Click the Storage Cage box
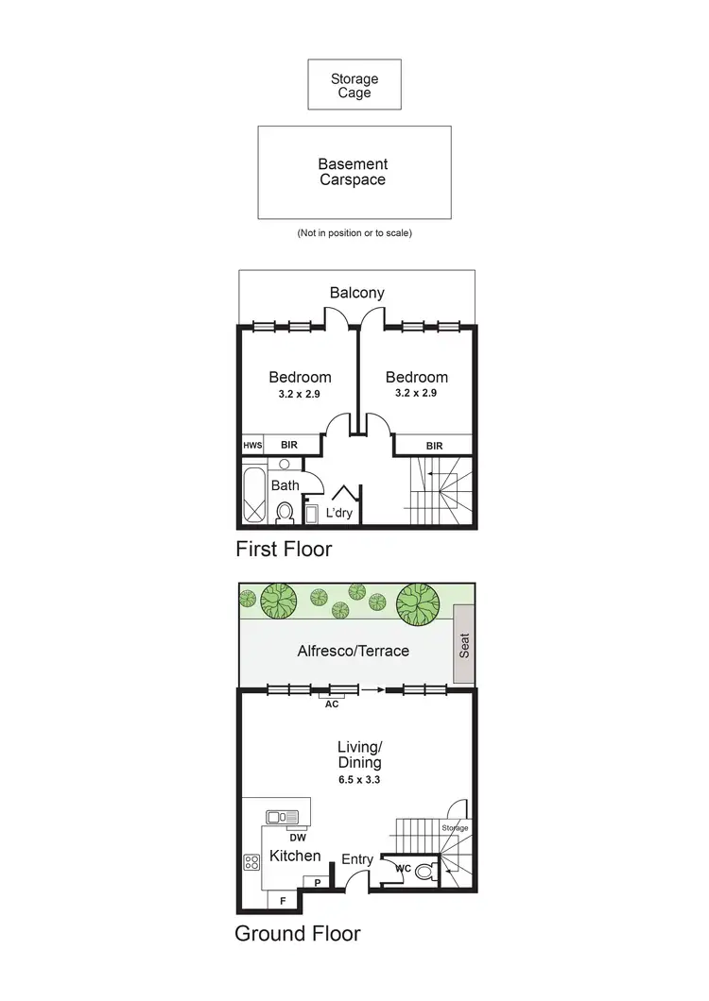(354, 85)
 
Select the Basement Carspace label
(352, 172)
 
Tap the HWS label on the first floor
(251, 445)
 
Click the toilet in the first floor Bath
(284, 511)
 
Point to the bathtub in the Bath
(256, 497)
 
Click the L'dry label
(338, 513)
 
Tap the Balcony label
(356, 293)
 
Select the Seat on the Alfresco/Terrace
(463, 644)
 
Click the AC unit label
(331, 704)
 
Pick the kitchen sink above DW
(282, 817)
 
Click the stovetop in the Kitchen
(252, 861)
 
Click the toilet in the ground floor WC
(421, 872)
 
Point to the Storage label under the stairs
(455, 828)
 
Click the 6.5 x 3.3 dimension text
(358, 780)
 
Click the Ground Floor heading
(297, 934)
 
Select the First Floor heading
(284, 548)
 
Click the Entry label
(357, 858)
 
